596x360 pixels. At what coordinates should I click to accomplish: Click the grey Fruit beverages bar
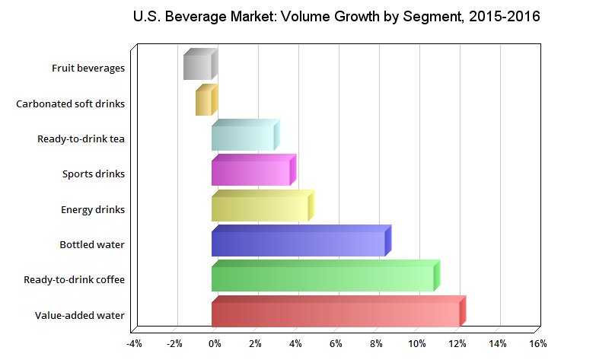(198, 67)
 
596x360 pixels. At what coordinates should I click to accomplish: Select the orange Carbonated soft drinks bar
(204, 103)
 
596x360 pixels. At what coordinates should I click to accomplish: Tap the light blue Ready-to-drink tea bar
(243, 138)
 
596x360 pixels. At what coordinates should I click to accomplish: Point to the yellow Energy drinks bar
(260, 209)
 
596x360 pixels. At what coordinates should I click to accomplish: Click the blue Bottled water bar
(298, 244)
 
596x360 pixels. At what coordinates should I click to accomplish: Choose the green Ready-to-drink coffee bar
(323, 279)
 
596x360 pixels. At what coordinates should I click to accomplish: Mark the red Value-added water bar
(336, 314)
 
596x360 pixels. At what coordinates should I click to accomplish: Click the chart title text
(336, 17)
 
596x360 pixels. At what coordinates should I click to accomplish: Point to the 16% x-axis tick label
(537, 344)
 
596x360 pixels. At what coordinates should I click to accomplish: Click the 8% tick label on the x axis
(375, 344)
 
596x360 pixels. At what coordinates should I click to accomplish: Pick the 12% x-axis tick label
(456, 344)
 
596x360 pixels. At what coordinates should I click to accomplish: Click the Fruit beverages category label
(88, 68)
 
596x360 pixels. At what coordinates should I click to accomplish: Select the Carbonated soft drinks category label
(70, 104)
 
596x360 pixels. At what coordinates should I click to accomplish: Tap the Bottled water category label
(92, 244)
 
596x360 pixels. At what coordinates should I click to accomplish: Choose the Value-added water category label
(80, 315)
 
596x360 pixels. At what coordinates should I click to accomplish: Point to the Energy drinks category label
(93, 209)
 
